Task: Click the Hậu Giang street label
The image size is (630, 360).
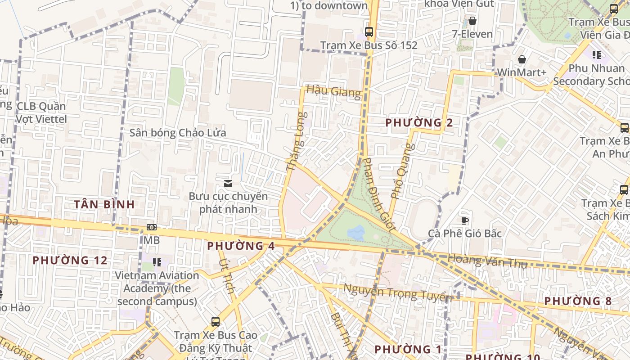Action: click(x=333, y=91)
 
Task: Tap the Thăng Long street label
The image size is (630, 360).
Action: click(x=296, y=141)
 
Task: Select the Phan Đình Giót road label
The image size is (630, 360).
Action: click(x=379, y=194)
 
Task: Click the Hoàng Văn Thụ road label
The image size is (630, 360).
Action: click(x=487, y=261)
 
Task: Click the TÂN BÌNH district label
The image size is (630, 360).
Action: click(x=104, y=204)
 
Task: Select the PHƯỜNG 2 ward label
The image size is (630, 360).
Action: click(x=419, y=123)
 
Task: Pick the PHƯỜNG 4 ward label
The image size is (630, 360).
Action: click(x=241, y=246)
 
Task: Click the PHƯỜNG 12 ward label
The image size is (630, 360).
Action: click(x=70, y=261)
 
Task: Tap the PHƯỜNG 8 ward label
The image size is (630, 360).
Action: click(x=578, y=301)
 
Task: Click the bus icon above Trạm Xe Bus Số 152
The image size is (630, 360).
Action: click(x=369, y=32)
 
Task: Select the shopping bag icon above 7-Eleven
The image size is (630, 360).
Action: click(x=472, y=21)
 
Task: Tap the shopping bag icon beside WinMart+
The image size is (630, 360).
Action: click(x=522, y=59)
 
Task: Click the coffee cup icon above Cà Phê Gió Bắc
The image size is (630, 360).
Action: click(x=465, y=220)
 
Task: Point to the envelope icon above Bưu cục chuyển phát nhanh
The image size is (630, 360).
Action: click(x=228, y=183)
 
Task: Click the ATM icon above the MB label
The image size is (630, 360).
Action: click(x=152, y=228)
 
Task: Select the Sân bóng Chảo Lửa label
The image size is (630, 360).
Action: click(x=178, y=133)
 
